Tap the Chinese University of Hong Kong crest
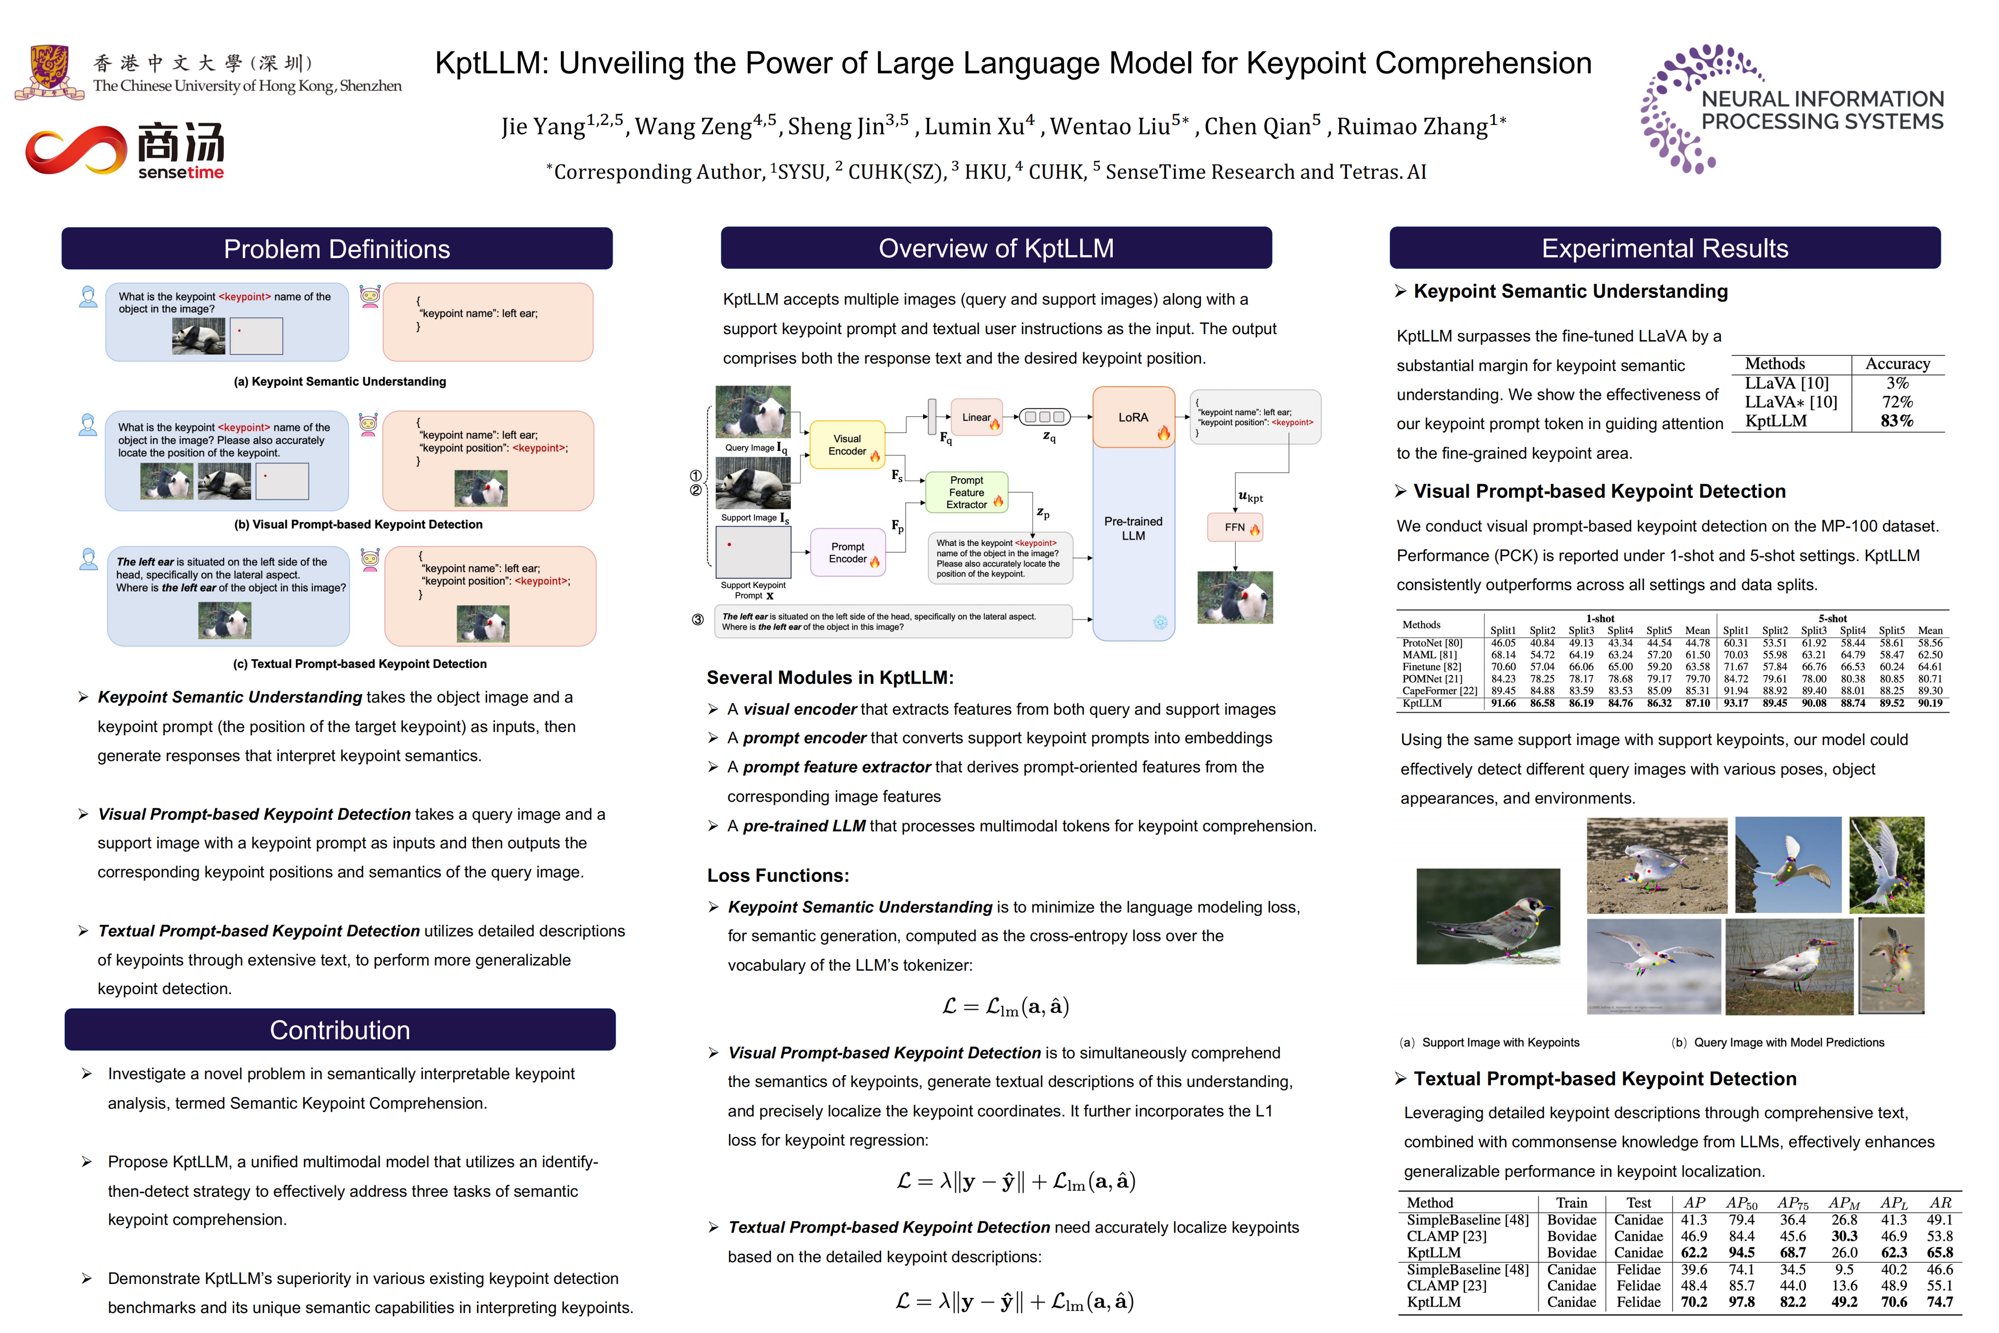[x=50, y=71]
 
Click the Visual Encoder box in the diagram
[x=847, y=445]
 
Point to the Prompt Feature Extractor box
[x=966, y=492]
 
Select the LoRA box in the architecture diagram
[x=1133, y=417]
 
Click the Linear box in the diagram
[x=976, y=417]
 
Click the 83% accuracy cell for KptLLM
[x=1897, y=421]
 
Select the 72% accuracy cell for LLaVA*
[x=1897, y=402]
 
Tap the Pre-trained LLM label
[x=1133, y=528]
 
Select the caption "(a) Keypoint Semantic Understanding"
[x=340, y=382]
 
